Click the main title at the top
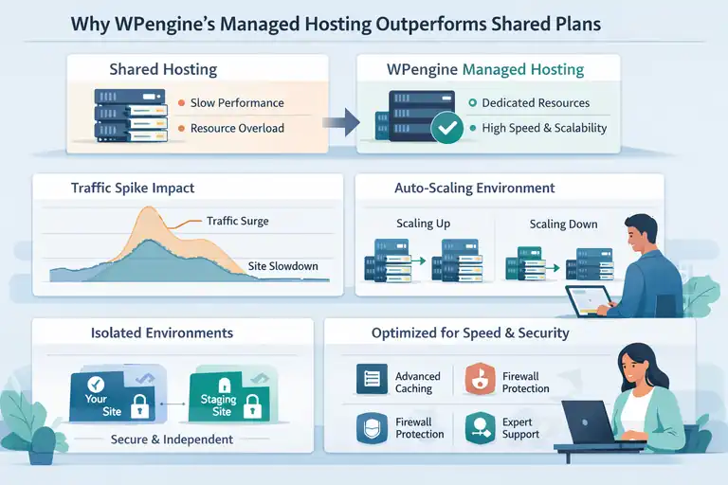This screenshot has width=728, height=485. (x=363, y=23)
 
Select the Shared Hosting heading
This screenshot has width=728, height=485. (x=163, y=69)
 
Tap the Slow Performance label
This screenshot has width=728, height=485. (x=236, y=102)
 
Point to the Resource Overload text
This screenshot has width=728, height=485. (x=237, y=128)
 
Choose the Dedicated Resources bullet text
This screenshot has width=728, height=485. (x=535, y=102)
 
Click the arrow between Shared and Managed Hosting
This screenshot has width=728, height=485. (x=340, y=120)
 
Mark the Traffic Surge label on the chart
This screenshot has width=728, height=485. (x=237, y=221)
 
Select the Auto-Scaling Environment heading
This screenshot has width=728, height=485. (x=474, y=189)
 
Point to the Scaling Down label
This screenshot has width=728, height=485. (x=564, y=224)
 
